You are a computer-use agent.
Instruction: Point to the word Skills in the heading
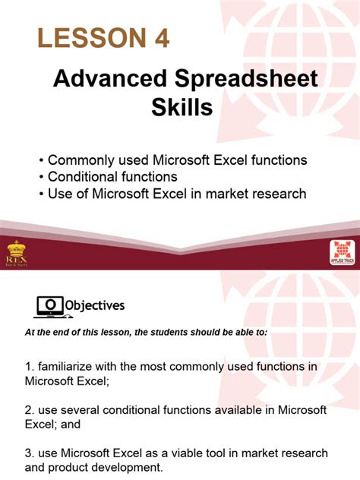[182, 109]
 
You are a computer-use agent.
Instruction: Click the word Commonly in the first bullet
[78, 160]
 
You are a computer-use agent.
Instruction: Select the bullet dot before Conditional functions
[41, 177]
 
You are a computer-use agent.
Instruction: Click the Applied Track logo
[343, 254]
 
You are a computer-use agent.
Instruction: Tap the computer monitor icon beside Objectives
[49, 305]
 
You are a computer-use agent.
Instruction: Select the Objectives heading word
[93, 305]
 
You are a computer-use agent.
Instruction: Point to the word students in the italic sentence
[168, 332]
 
